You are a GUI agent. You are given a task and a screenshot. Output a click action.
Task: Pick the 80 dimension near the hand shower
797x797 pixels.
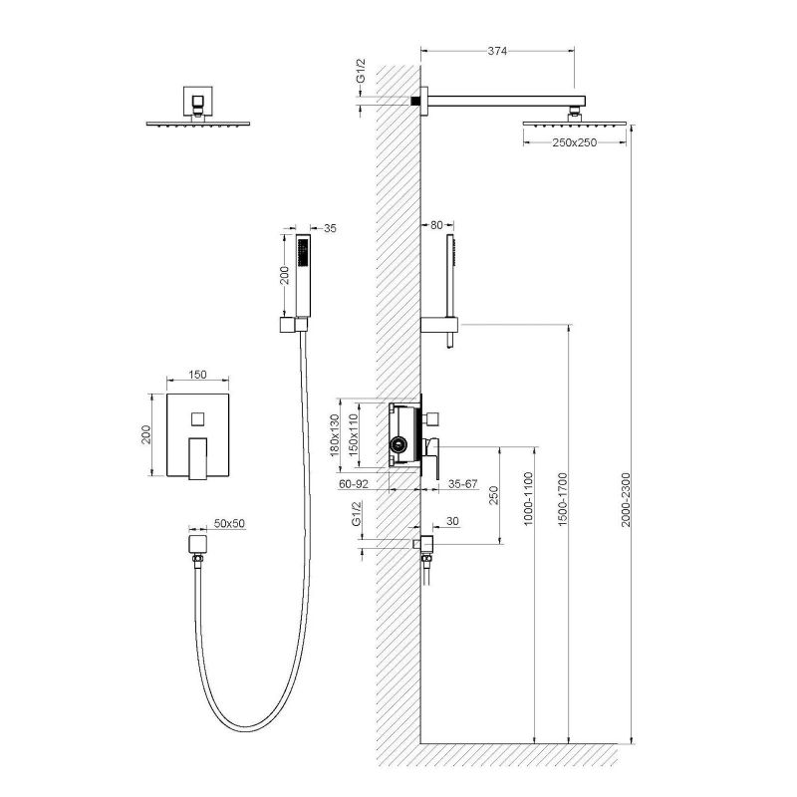click(437, 225)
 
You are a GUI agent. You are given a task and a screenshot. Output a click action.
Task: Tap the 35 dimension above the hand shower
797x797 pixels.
click(331, 228)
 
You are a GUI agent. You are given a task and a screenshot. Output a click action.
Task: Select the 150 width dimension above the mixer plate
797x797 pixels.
click(196, 375)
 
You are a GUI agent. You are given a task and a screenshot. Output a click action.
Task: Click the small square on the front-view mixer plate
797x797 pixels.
click(197, 416)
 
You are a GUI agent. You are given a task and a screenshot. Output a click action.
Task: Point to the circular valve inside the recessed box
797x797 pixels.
click(398, 444)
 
